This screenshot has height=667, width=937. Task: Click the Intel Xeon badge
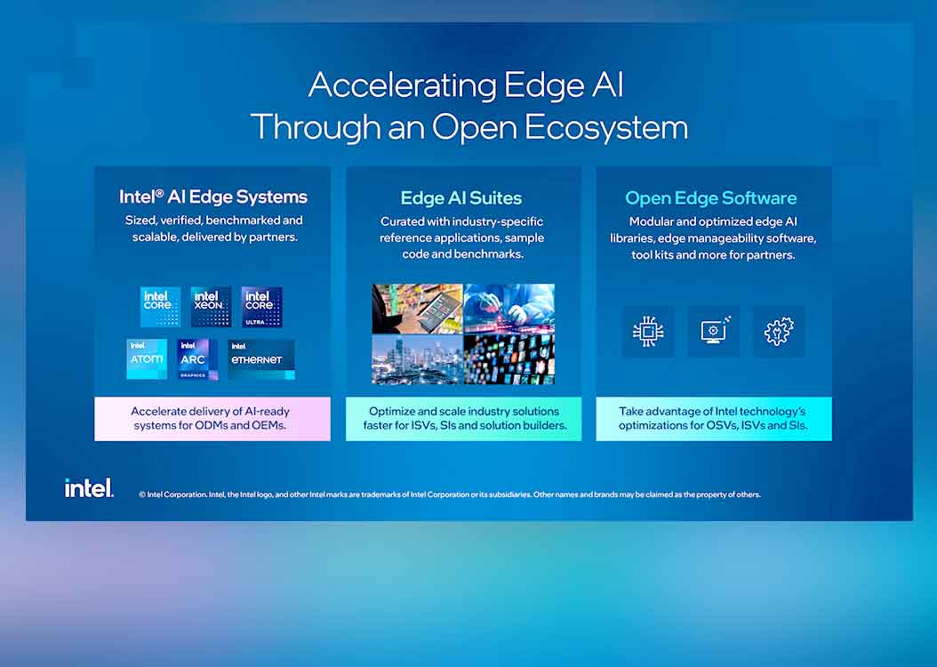[211, 307]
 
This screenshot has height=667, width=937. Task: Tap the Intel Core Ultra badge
[261, 307]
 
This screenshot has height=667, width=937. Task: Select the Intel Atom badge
[147, 359]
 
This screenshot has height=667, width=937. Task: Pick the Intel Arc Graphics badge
[197, 359]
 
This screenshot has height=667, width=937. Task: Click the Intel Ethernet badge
[261, 359]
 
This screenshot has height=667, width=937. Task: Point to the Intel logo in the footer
[89, 488]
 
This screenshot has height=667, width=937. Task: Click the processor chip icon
[648, 332]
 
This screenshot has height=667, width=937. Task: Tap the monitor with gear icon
[714, 332]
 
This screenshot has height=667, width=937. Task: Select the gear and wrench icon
[779, 332]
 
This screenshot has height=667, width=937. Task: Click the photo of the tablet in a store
[417, 309]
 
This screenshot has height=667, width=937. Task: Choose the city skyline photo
[417, 358]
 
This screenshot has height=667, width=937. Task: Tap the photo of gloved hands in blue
[509, 309]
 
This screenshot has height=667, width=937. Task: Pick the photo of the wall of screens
[509, 358]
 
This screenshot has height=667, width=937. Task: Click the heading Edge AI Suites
[461, 198]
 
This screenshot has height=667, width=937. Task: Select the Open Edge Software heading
[711, 198]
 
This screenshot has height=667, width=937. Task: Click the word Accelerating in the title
[403, 85]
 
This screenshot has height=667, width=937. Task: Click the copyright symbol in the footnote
[142, 494]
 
